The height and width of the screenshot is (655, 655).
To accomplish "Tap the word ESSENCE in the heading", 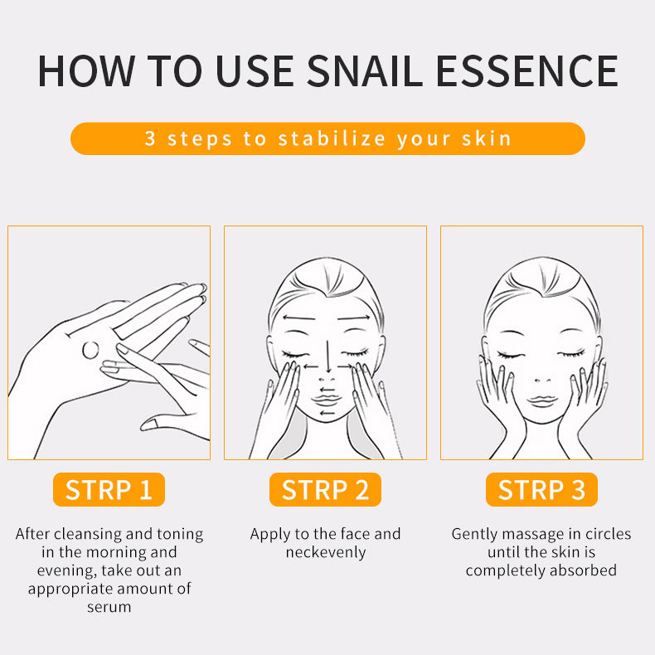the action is [526, 71].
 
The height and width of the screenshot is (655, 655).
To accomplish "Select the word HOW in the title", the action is [86, 71].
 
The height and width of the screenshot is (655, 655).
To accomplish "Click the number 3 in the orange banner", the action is [150, 138].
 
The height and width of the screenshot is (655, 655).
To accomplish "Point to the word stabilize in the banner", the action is [332, 138].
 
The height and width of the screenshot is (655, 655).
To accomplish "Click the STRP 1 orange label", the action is [109, 489].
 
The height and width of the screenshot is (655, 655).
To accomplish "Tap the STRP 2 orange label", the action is [325, 489].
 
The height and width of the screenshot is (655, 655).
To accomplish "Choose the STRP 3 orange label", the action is [541, 489].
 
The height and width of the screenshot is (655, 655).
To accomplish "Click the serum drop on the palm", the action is [90, 350].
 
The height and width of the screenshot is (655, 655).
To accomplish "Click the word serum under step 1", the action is [109, 607].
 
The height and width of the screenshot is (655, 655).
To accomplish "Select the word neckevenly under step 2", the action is [325, 552].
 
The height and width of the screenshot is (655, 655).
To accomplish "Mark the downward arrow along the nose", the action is [328, 357].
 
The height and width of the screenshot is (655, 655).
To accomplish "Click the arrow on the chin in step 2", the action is [327, 414].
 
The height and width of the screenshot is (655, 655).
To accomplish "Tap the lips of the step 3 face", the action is [541, 400].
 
